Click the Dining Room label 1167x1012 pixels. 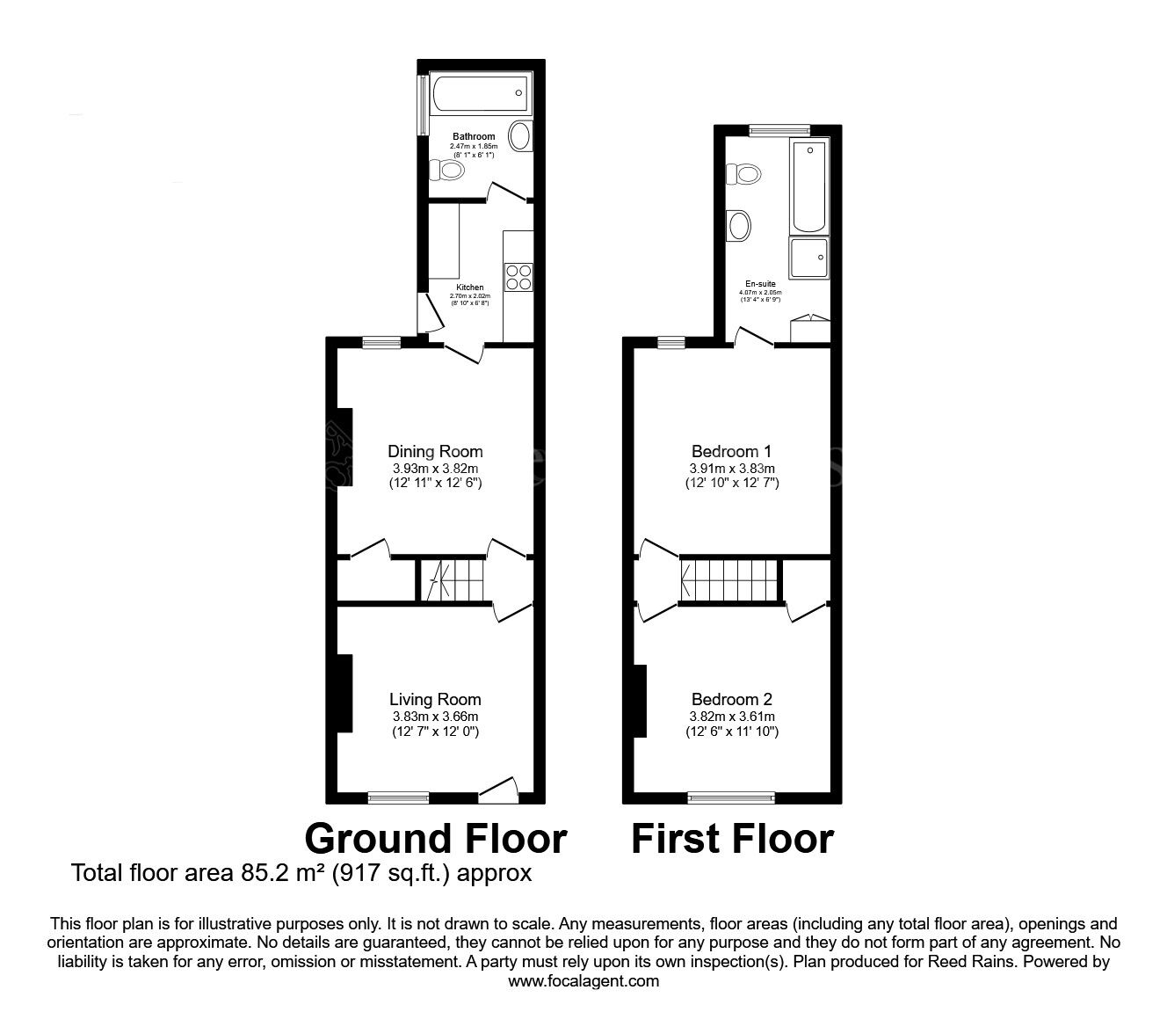point(435,453)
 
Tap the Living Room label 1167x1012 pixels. point(435,700)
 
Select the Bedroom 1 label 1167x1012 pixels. point(731,453)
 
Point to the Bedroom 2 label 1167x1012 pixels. point(731,700)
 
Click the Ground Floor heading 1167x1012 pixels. point(435,839)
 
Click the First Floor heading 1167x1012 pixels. point(732,839)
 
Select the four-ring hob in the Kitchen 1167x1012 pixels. point(518,278)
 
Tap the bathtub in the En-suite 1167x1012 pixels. point(808,185)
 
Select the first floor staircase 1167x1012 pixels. point(730,580)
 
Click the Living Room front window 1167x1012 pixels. point(399,797)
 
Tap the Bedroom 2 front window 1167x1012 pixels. point(731,797)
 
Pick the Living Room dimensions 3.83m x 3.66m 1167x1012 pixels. point(435,717)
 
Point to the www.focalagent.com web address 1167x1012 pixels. point(583,981)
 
